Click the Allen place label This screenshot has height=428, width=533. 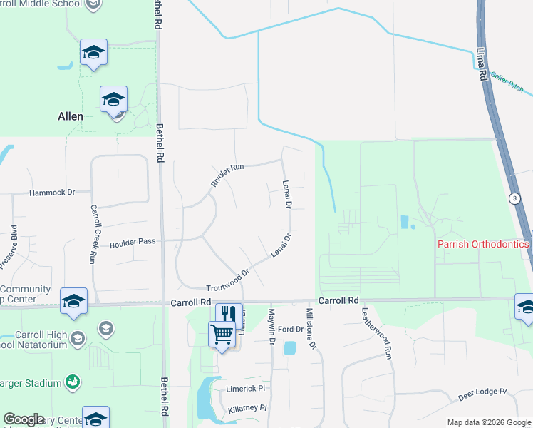[x=71, y=116]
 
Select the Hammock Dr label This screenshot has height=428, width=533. [x=52, y=193]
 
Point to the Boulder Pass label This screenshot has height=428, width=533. [x=133, y=243]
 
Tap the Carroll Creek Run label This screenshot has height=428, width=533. [x=93, y=235]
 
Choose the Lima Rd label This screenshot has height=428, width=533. [x=482, y=65]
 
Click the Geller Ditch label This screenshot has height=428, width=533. [x=507, y=88]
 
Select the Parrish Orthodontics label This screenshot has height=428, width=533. [x=483, y=245]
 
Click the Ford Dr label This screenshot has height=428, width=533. [x=291, y=329]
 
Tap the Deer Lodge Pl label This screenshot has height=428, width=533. [x=482, y=394]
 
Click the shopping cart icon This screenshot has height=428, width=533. [x=222, y=333]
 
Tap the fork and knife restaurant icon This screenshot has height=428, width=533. [x=229, y=315]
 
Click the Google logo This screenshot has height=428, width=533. [x=24, y=419]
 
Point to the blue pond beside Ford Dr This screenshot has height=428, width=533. [x=289, y=348]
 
